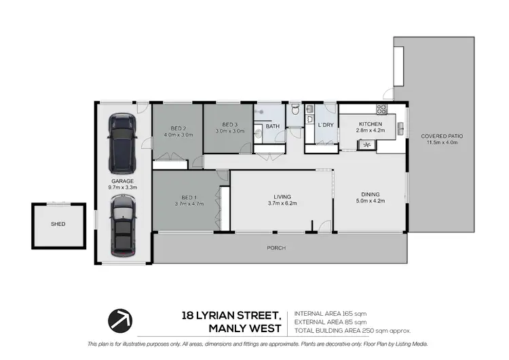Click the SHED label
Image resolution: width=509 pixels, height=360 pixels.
58,223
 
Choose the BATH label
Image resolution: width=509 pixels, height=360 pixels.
272,126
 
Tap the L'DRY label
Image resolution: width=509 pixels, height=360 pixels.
325,126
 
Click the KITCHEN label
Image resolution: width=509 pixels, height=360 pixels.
371,124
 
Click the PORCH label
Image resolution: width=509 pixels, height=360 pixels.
276,249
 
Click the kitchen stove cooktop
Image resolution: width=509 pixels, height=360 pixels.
382,109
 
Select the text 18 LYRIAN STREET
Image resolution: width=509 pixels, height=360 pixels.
231,314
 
